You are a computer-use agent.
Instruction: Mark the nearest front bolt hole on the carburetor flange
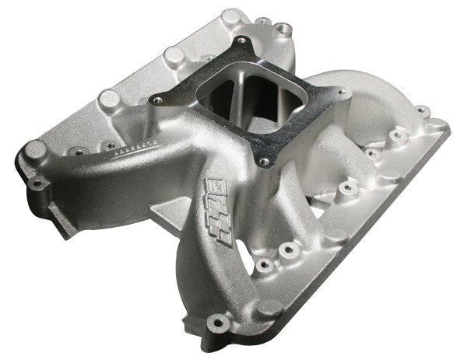265,161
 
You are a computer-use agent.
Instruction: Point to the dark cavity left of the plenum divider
214,97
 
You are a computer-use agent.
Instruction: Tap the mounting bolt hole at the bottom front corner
217,320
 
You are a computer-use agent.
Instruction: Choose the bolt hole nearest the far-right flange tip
421,110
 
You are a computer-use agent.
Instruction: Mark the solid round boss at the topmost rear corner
231,17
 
